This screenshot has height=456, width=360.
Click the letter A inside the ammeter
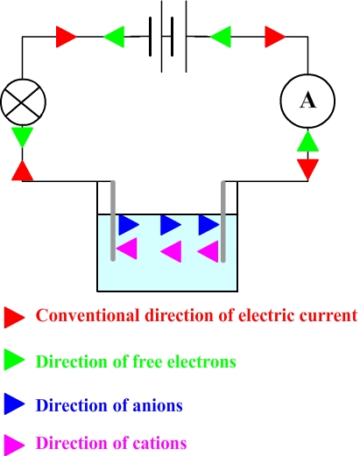point(307,101)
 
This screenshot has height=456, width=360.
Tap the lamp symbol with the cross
point(24,102)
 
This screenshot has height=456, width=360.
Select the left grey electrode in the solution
point(113,221)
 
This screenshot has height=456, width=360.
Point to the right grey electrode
point(223,221)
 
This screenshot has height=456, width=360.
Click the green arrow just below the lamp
point(23,137)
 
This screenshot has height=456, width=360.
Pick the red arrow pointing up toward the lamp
point(23,171)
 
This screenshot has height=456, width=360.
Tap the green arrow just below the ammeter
point(307,141)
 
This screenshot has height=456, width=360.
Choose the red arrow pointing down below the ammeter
point(307,169)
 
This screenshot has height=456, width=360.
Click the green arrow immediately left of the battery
point(114,37)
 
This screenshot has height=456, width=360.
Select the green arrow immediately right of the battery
point(221,37)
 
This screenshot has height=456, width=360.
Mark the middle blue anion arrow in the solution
point(171,225)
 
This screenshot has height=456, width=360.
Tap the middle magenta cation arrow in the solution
point(171,251)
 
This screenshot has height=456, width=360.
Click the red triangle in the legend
point(14,317)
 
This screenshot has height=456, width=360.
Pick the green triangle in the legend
point(14,361)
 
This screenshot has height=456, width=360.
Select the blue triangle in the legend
point(14,403)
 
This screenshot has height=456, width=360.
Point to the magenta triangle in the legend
point(14,445)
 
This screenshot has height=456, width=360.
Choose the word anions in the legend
point(158,405)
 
